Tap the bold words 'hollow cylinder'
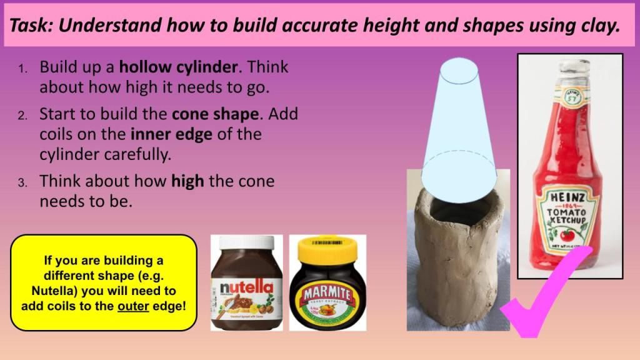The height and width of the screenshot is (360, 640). (179, 67)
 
